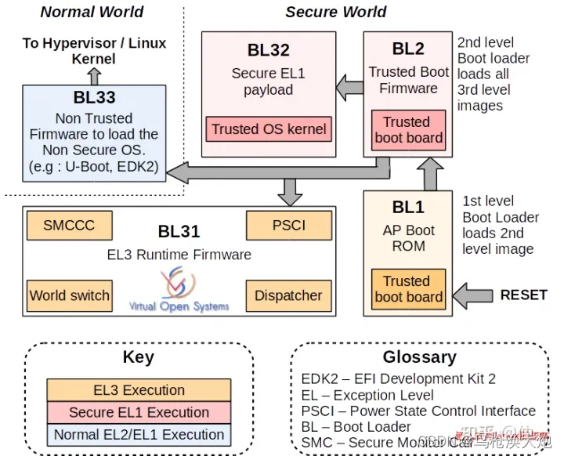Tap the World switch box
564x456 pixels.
coord(69,295)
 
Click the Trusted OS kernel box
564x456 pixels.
coord(269,129)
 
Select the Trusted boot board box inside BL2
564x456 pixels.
coord(408,130)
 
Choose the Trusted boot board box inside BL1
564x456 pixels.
coord(408,288)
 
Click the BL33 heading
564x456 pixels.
coord(94,98)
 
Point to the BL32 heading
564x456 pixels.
coord(269,50)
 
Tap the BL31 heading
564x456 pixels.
coord(179,231)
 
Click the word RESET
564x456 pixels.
coord(523,295)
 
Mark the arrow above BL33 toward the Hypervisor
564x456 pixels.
coord(94,75)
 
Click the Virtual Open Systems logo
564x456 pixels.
coord(179,288)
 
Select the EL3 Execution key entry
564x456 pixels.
coord(139,390)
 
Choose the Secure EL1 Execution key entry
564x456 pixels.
coord(139,412)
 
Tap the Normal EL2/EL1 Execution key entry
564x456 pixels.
coord(139,434)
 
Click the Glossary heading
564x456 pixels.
coord(419,357)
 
